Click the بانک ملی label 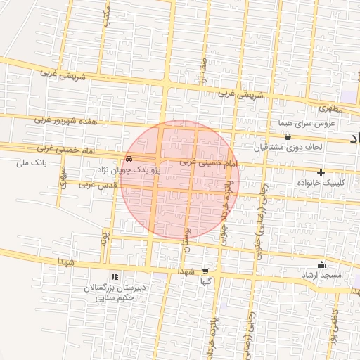[x=30, y=163]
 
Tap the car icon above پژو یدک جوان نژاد [x=128, y=159]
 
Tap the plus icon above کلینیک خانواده [x=321, y=172]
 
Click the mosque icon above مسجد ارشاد [x=322, y=265]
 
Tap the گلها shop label [x=205, y=281]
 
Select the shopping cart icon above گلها [x=205, y=271]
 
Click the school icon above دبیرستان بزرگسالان [x=115, y=277]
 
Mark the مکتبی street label [x=106, y=18]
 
